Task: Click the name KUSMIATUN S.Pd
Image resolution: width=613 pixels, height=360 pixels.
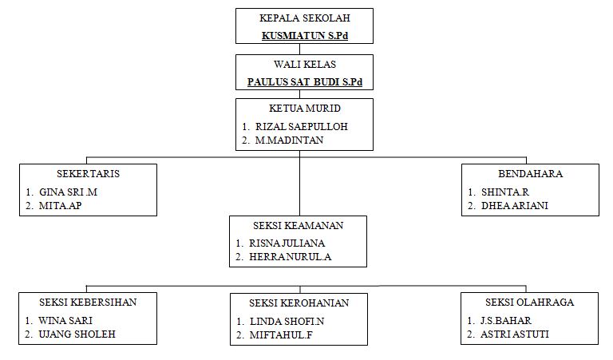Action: click(x=305, y=36)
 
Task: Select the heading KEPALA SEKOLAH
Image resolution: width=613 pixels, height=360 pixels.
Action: click(x=305, y=18)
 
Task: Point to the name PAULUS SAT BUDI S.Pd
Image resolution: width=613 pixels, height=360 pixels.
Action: click(x=305, y=81)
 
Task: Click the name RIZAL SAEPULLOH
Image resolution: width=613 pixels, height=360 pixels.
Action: click(x=301, y=126)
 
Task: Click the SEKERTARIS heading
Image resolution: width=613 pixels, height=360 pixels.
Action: click(x=89, y=173)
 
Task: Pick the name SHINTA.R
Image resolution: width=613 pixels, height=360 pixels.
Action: click(x=505, y=192)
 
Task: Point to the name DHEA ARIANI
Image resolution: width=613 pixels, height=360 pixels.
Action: click(x=514, y=206)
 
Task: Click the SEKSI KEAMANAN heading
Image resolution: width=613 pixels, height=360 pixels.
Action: click(x=298, y=225)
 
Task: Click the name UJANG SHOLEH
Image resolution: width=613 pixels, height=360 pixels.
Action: click(x=77, y=334)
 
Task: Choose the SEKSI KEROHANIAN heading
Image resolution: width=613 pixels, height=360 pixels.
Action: click(x=298, y=303)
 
